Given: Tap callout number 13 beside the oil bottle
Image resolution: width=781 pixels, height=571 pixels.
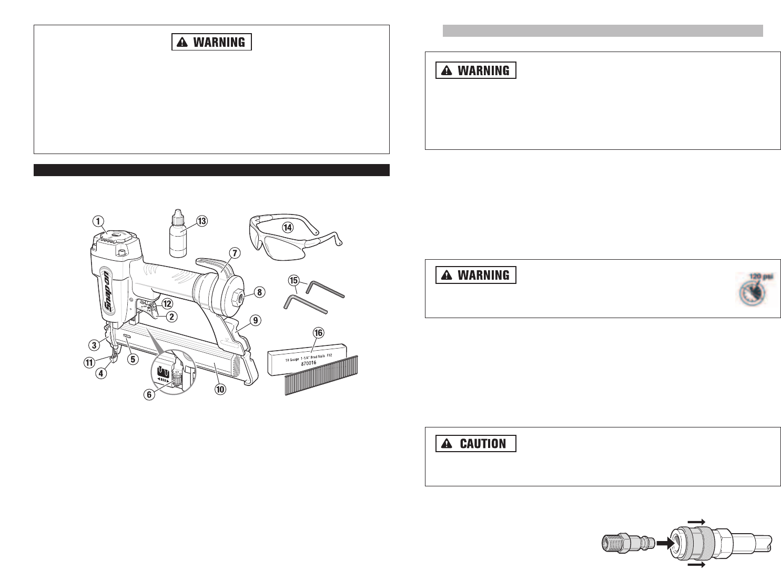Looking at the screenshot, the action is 202,221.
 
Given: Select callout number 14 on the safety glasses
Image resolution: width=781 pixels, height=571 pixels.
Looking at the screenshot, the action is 287,228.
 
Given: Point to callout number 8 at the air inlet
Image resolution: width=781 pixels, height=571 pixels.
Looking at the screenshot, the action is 259,292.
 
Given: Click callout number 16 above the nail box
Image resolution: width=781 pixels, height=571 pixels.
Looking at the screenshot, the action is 318,333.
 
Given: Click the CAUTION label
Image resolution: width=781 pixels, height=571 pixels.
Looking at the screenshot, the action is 476,443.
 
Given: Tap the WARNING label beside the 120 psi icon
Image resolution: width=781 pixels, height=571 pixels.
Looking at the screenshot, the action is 476,275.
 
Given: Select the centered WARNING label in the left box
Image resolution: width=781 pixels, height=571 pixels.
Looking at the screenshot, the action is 211,42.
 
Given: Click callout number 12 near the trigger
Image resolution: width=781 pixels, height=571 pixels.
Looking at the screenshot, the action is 167,303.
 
